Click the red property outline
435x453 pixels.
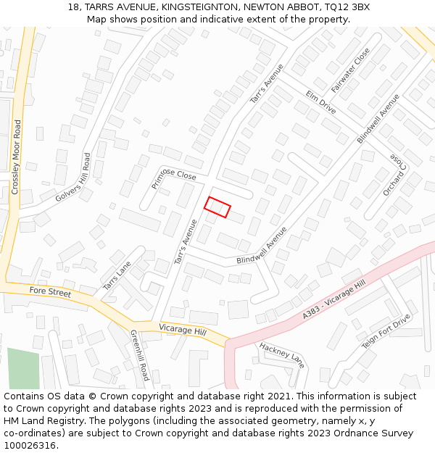(x=217, y=207)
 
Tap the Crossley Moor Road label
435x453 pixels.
(x=15, y=157)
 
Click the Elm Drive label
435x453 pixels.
(x=321, y=102)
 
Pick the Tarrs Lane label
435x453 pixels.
(x=117, y=276)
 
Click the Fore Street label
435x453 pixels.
(x=50, y=291)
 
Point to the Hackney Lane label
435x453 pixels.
(x=282, y=354)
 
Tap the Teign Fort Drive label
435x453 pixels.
(x=386, y=331)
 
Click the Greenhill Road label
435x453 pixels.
(x=139, y=355)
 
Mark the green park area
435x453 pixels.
(x=23, y=368)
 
